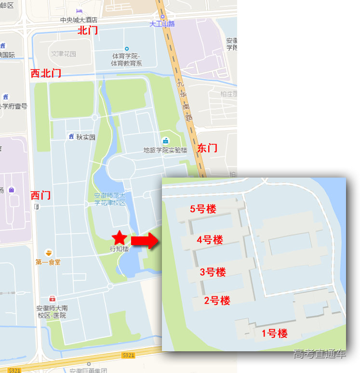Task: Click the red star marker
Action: tap(119, 237)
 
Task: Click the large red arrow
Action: tap(145, 240)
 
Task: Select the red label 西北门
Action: tap(46, 73)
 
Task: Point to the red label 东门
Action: tap(207, 148)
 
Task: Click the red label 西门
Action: tap(40, 195)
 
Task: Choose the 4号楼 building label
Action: tap(210, 240)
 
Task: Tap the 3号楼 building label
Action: tap(213, 272)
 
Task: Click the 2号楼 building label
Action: tap(217, 301)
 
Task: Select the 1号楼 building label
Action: tap(274, 333)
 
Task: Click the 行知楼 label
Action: tap(119, 249)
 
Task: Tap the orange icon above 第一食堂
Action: tap(48, 252)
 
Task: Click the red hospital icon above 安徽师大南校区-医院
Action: tap(52, 299)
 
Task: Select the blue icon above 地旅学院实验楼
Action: tap(165, 140)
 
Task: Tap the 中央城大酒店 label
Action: tap(79, 20)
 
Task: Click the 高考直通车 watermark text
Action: tap(319, 354)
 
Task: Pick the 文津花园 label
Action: tap(64, 54)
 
